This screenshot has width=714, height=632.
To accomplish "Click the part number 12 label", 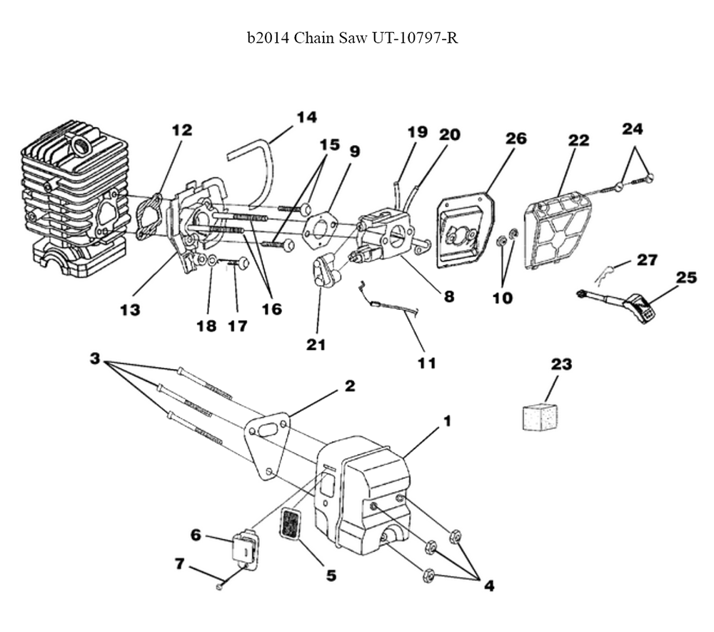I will click(x=182, y=130).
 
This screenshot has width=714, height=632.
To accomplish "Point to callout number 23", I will click(x=561, y=364).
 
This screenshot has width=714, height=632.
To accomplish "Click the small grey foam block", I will click(x=540, y=416).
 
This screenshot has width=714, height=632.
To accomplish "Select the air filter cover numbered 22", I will click(x=560, y=233).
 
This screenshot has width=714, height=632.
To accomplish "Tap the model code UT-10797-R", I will click(x=414, y=37).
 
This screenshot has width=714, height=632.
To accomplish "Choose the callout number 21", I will click(x=316, y=345).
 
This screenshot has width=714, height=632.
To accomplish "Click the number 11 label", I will click(x=426, y=363).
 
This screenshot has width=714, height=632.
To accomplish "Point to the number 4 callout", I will click(x=488, y=586).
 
